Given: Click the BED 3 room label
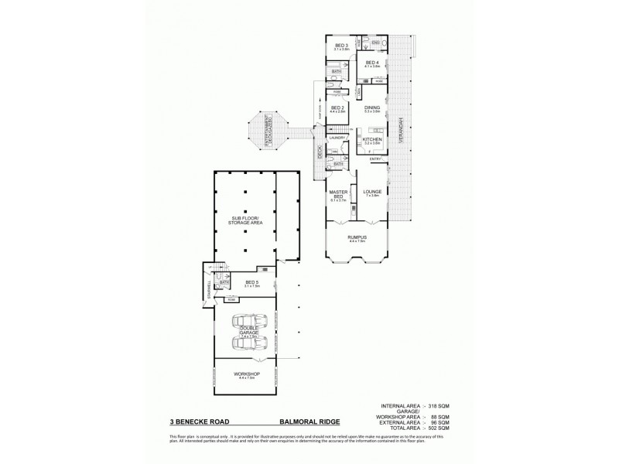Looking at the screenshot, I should [341, 46].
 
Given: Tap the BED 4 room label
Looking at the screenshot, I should [372, 63].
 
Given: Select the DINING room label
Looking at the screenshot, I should [372, 108].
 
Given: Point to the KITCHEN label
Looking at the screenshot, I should [373, 140].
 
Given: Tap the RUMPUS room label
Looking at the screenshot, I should [357, 237].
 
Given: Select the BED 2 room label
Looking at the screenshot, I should [337, 108].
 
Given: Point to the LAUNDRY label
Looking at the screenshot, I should [337, 138].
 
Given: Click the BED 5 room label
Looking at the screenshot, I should [251, 283].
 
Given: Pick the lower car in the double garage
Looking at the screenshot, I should [250, 343].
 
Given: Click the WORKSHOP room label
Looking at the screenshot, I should [248, 374].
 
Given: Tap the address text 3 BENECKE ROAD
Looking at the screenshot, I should [200, 423].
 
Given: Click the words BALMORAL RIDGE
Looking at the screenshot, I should [307, 423].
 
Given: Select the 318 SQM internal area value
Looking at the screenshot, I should [438, 406].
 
